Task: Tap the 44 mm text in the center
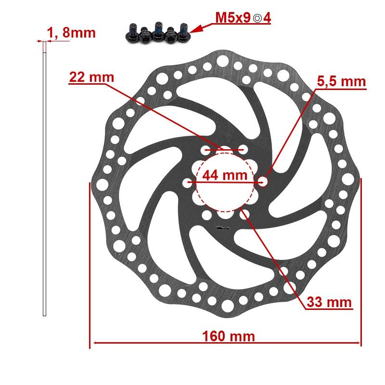pyautogui.click(x=224, y=175)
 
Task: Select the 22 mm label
pyautogui.click(x=91, y=77)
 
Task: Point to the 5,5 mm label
pyautogui.click(x=341, y=81)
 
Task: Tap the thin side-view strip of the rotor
pyautogui.click(x=44, y=178)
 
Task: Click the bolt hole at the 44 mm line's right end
pyautogui.click(x=263, y=181)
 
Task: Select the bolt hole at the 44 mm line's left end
pyautogui.click(x=188, y=182)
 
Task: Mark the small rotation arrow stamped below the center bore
pyautogui.click(x=222, y=229)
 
